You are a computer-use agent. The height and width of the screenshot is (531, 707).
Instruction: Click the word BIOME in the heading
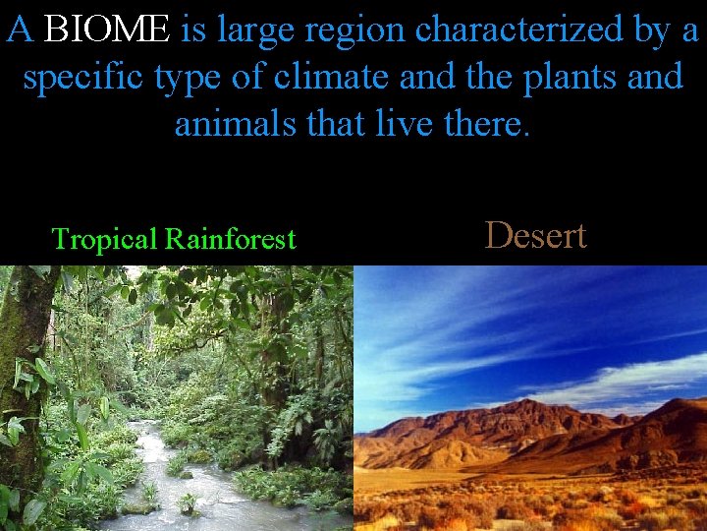[107, 30]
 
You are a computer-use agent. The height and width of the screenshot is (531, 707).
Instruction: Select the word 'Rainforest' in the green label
[230, 239]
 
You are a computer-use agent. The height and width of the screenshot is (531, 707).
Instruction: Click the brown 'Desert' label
[536, 235]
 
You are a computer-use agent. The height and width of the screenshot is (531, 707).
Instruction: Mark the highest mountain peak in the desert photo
[531, 400]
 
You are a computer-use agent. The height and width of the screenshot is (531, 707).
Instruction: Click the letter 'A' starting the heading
[21, 30]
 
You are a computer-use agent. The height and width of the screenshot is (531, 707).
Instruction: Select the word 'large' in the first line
[258, 30]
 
